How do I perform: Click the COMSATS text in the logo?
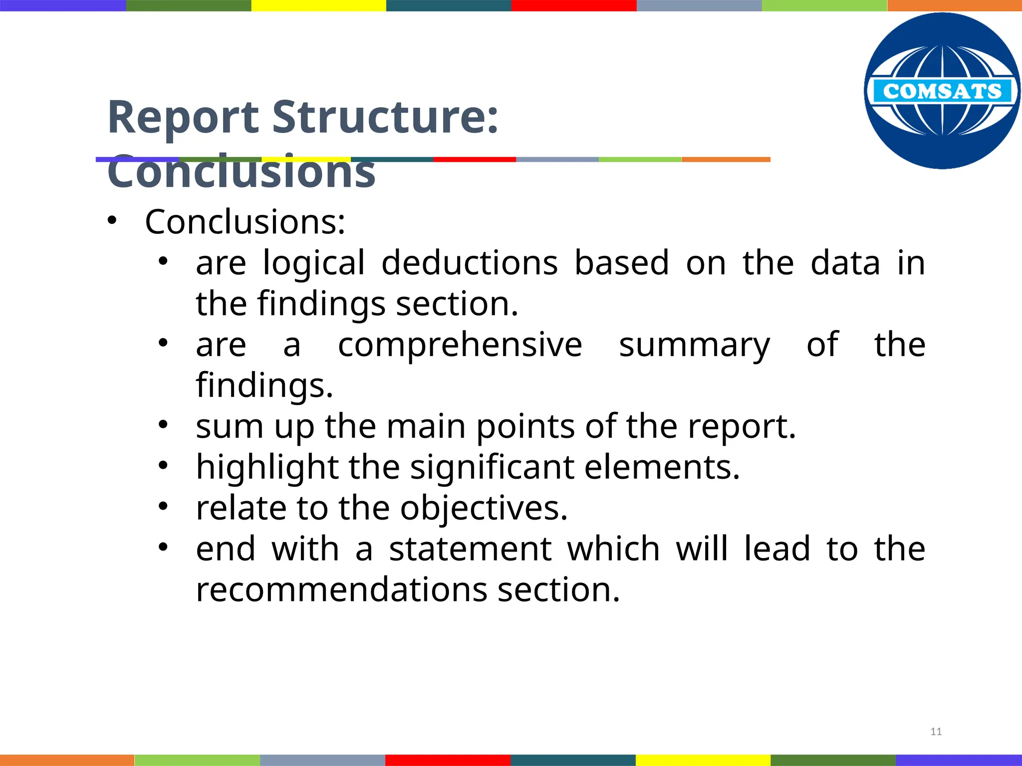point(942,91)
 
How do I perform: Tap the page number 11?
point(936,732)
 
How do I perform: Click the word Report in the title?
point(183,118)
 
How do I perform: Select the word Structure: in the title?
point(385,118)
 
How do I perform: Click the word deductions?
point(469,263)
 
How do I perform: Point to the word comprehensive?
point(460,345)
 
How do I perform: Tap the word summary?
point(694,346)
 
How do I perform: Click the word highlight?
point(266,468)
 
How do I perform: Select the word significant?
point(492,468)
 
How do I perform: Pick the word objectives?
point(484,509)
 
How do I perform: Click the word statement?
point(470,549)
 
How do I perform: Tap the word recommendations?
point(341,590)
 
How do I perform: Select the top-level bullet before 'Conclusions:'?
point(111,220)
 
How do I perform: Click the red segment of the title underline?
point(474,160)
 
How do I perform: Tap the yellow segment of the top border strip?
point(318,5)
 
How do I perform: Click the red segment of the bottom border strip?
point(448,760)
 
